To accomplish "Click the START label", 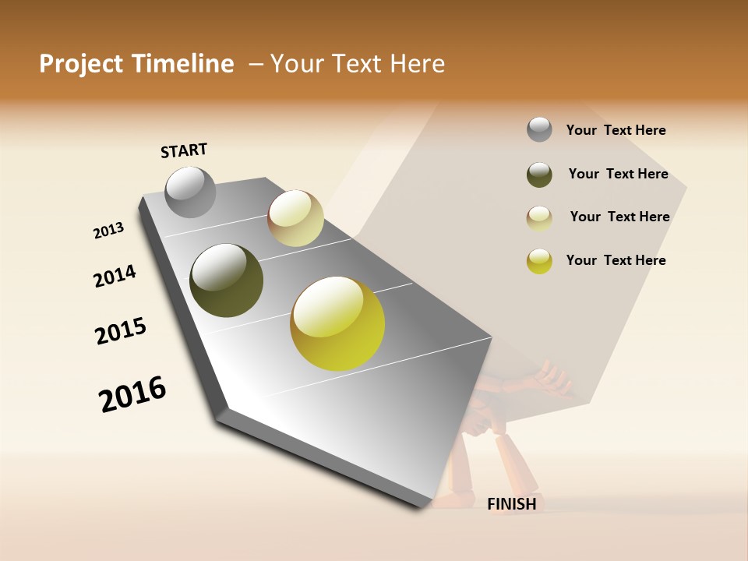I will (x=184, y=150).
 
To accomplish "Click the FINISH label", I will (x=511, y=504).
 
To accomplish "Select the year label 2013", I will (x=108, y=231).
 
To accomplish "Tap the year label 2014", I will (x=115, y=277).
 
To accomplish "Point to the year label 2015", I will (x=121, y=331).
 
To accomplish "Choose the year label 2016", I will (x=132, y=394).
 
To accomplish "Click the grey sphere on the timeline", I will (x=190, y=192).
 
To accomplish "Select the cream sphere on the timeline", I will (x=295, y=218).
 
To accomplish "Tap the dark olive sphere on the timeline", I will (x=226, y=280).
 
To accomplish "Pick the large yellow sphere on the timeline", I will (x=337, y=323).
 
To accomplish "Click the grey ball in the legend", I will (x=539, y=129).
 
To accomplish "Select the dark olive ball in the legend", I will (x=539, y=175).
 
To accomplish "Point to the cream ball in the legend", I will (x=539, y=218).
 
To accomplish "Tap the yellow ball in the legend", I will (x=539, y=261).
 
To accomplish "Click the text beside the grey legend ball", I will (x=616, y=130).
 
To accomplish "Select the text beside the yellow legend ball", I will (x=616, y=260).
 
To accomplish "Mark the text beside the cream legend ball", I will (x=619, y=217).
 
